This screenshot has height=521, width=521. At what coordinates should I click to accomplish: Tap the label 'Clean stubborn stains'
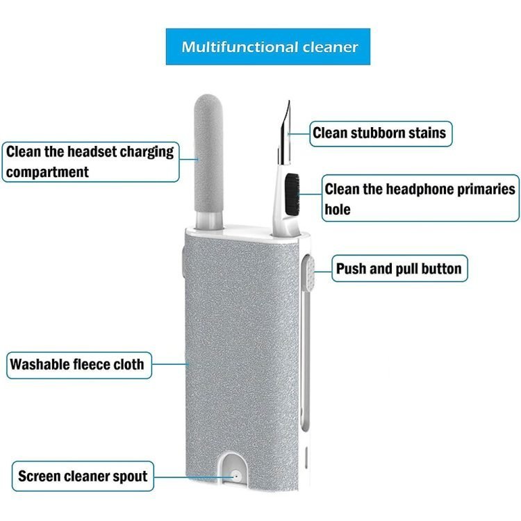click(x=379, y=132)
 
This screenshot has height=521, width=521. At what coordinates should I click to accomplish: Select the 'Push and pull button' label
click(x=398, y=268)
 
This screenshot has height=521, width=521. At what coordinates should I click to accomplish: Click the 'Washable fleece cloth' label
click(x=77, y=364)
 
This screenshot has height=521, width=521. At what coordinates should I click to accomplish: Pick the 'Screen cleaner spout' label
click(x=82, y=477)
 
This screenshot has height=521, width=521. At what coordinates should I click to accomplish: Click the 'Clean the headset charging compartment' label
click(x=90, y=161)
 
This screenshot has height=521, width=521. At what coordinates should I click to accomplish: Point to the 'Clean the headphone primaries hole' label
click(x=420, y=198)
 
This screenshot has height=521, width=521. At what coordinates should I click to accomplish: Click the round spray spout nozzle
click(x=235, y=478)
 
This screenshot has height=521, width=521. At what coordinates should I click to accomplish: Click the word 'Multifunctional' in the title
click(x=227, y=47)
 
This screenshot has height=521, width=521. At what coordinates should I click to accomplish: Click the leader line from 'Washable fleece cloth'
click(x=169, y=363)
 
